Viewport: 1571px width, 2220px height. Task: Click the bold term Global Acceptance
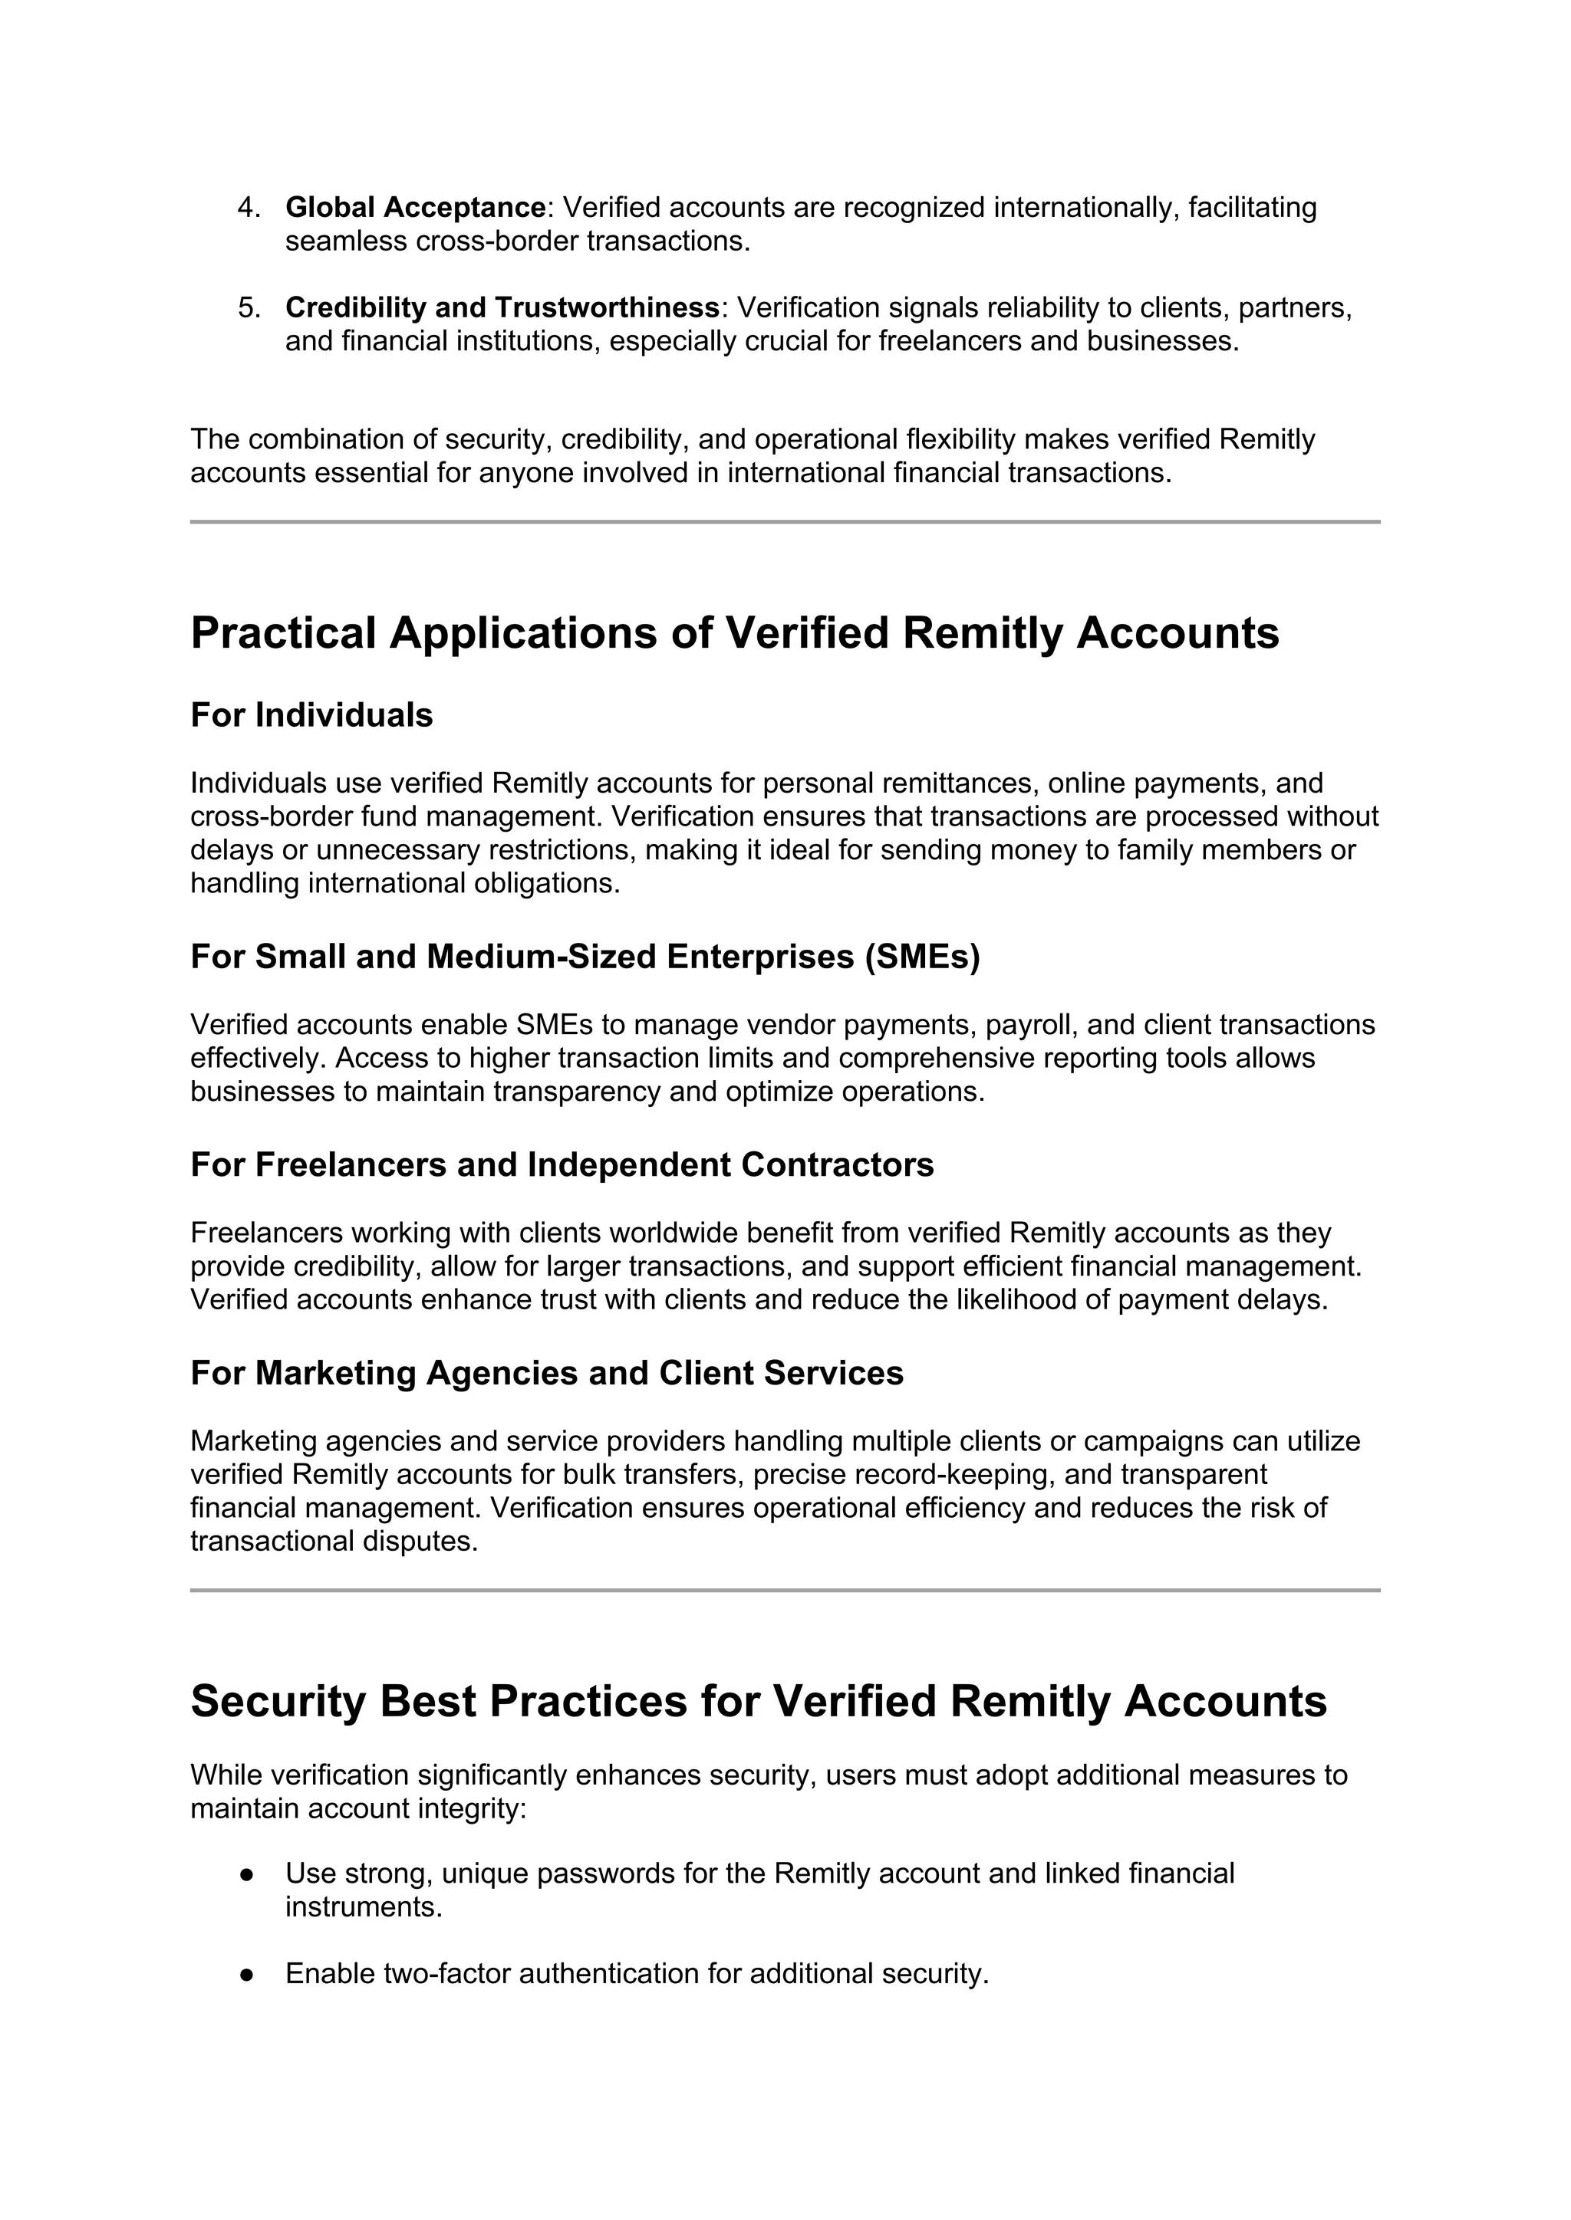click(416, 208)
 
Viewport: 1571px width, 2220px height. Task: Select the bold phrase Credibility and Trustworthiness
click(502, 307)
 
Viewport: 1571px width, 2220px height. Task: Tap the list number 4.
click(249, 208)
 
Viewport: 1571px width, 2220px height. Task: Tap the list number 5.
click(249, 307)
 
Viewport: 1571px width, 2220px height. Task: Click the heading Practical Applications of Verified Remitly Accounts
click(734, 633)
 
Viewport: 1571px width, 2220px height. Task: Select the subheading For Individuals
click(311, 715)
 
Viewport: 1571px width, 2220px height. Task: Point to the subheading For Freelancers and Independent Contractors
click(562, 1165)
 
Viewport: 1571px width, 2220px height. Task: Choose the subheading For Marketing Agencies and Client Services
click(547, 1373)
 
